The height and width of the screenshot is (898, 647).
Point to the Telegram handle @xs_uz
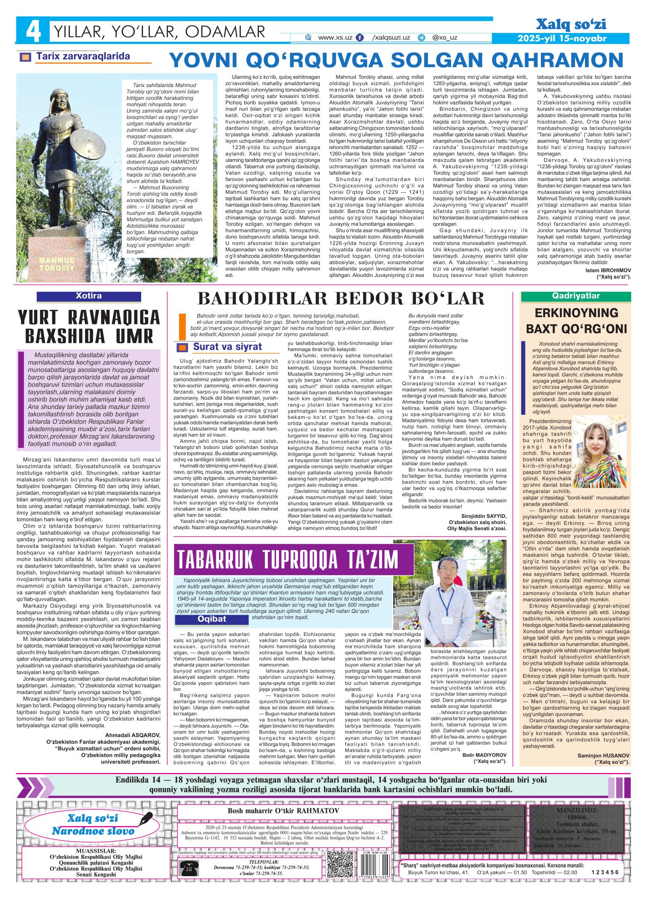pyautogui.click(x=445, y=38)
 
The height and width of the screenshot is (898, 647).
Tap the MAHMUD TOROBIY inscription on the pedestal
pyautogui.click(x=56, y=264)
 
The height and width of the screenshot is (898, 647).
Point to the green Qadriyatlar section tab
pyautogui.click(x=576, y=296)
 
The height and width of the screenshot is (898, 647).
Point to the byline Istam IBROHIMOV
pyautogui.click(x=605, y=271)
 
